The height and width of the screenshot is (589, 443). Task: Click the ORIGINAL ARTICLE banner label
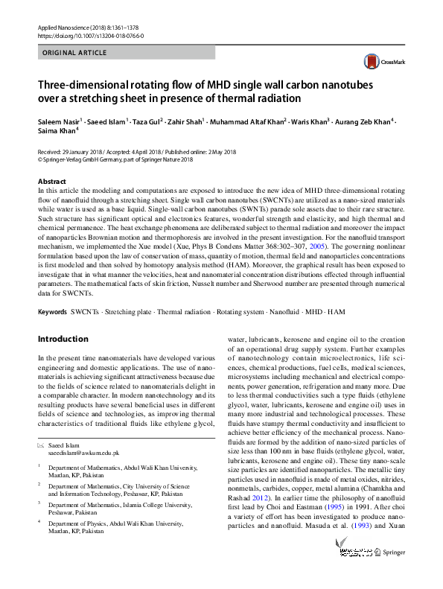(x=75, y=53)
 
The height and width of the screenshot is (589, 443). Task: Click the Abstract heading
(x=51, y=182)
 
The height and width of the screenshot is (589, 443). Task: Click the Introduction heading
(x=63, y=339)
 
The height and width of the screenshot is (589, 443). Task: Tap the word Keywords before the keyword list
(x=52, y=310)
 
